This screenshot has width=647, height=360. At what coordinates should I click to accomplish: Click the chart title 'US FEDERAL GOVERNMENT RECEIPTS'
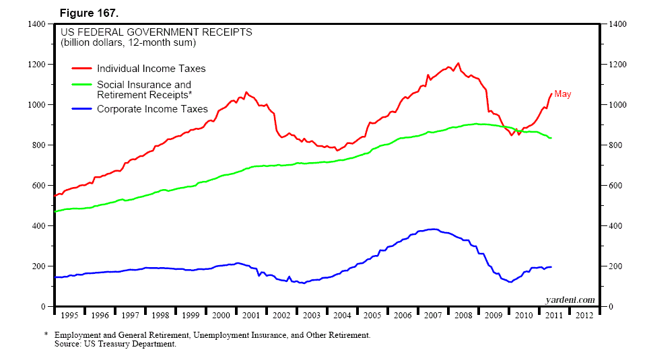[157, 32]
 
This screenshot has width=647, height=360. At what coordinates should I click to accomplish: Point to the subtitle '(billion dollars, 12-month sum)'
[128, 42]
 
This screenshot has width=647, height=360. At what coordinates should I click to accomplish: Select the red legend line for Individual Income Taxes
[82, 69]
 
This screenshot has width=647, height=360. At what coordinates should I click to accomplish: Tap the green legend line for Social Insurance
[82, 85]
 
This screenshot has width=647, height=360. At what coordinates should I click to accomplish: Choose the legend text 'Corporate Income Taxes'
[152, 109]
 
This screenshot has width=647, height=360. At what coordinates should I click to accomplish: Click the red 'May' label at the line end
[562, 94]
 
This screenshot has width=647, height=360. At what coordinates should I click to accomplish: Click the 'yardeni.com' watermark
[570, 299]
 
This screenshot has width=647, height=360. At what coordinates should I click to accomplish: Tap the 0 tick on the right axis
[608, 307]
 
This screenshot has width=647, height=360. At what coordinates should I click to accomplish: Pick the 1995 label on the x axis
[69, 315]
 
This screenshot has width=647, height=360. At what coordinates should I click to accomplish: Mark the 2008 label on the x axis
[463, 315]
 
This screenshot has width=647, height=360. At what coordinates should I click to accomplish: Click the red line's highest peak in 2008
[458, 63]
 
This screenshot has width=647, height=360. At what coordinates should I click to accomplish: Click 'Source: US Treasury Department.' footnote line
[115, 345]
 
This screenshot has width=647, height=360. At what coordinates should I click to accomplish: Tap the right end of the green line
[551, 138]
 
